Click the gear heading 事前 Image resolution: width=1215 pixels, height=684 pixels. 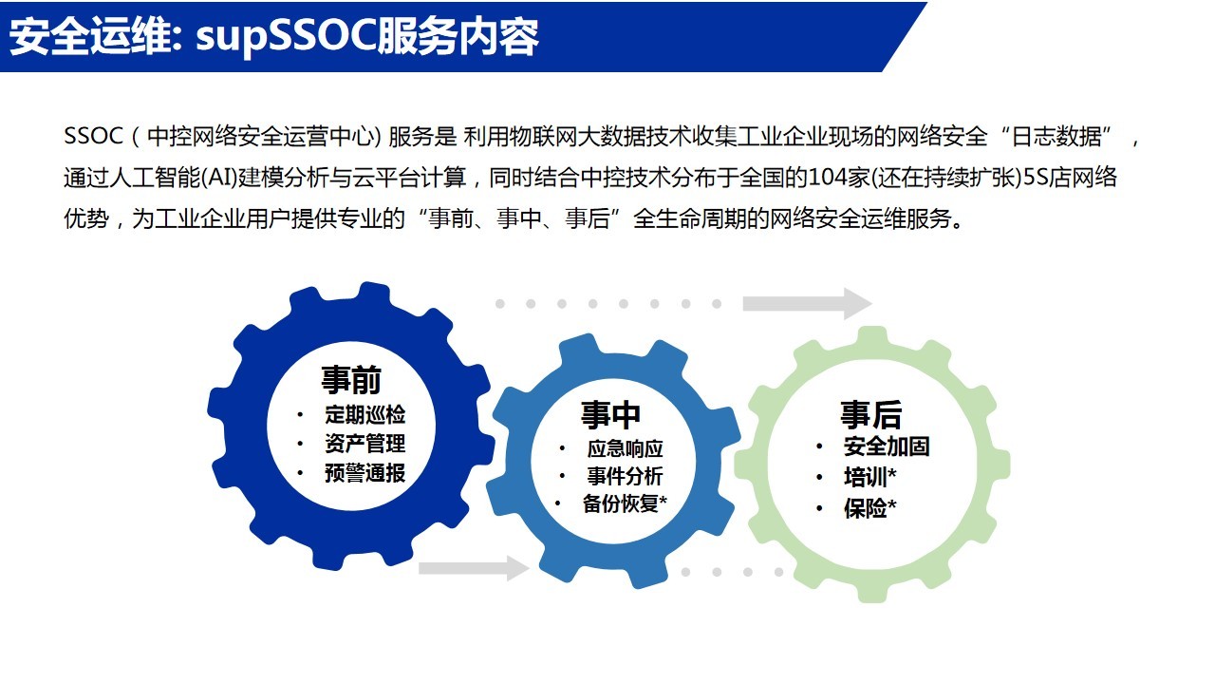(351, 379)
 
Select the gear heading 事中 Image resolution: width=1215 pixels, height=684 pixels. (610, 415)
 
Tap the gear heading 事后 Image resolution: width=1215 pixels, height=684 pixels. (871, 415)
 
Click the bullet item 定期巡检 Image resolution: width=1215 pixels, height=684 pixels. (365, 415)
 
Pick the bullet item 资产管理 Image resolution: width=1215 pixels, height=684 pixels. (365, 444)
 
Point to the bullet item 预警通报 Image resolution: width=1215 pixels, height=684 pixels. (365, 473)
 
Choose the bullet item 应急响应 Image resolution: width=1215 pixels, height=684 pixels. (625, 449)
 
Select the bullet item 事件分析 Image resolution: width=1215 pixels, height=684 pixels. (625, 476)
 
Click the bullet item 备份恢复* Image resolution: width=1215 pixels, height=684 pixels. (625, 503)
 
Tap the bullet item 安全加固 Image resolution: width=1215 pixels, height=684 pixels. (887, 446)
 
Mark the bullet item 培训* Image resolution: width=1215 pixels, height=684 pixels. (870, 477)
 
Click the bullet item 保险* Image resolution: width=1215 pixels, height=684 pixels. (870, 508)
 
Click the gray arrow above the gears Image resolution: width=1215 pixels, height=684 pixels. (807, 303)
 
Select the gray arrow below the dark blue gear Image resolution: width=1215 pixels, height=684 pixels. (474, 568)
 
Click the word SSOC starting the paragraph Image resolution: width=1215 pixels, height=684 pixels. (93, 136)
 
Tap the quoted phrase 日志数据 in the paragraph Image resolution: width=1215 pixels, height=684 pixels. (1056, 136)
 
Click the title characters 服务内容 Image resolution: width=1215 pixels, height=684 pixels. (458, 37)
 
